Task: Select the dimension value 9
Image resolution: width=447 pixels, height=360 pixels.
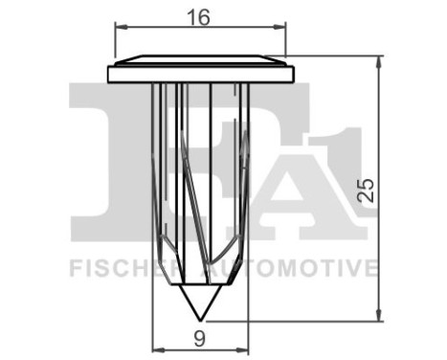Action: pos(201,336)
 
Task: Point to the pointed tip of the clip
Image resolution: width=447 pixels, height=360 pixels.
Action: pos(200,316)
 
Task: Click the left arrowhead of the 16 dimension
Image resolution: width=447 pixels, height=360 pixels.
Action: pos(121,28)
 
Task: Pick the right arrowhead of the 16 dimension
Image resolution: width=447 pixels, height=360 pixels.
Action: pos(280,28)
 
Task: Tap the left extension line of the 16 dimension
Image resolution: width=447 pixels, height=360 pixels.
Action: pos(115,43)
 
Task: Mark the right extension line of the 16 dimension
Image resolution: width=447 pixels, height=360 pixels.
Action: pos(286,43)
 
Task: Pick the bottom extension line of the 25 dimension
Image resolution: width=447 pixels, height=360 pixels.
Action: pos(306,320)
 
